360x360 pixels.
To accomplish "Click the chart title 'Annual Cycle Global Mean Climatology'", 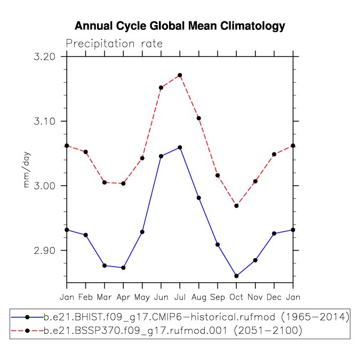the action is tap(180, 26).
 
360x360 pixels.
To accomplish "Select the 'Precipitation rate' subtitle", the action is tap(114, 44).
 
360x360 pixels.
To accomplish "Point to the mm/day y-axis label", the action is tap(27, 170).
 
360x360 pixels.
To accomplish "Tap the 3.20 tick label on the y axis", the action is tap(45, 57).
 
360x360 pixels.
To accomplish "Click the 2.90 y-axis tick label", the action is tap(45, 251).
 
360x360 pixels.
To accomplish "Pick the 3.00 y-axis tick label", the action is tap(45, 186).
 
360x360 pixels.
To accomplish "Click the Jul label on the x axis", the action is tap(180, 297).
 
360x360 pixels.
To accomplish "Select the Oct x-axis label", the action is tap(236, 297).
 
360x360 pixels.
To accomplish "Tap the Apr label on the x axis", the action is tap(123, 298).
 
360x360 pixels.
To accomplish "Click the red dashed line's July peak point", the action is tap(180, 75).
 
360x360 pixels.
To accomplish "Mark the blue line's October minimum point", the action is tap(236, 276).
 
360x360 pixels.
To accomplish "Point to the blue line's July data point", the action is tap(180, 147).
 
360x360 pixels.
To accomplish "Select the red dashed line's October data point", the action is tap(236, 206).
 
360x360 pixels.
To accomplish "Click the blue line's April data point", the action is tap(123, 268).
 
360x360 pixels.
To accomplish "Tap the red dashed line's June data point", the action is tap(161, 87).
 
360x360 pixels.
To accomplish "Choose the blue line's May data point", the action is tap(142, 232).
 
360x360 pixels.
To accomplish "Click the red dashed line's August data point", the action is tap(199, 118).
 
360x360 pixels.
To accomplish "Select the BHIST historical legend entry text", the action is tap(196, 317).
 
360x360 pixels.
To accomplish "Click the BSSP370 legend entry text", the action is tap(173, 331).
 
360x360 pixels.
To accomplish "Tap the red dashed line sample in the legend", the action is tap(27, 331).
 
